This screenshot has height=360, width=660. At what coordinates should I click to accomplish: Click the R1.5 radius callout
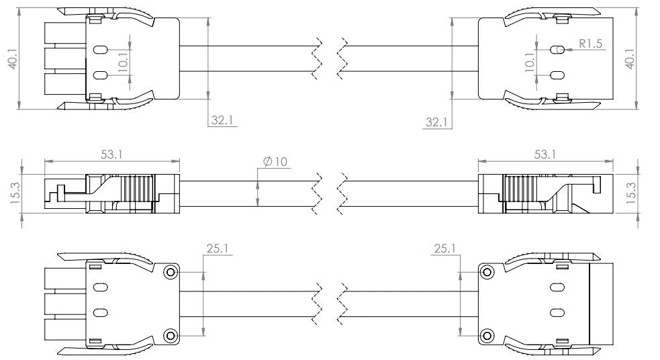592,43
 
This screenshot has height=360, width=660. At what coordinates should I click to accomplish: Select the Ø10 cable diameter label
275,162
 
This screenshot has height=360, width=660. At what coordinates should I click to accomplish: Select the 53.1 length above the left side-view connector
111,154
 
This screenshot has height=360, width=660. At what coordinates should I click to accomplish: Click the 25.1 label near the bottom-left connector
217,249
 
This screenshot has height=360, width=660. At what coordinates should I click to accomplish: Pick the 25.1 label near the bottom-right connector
444,249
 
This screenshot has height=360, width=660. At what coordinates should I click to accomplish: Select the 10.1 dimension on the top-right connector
531,62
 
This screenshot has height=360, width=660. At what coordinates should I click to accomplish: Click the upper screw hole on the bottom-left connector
171,271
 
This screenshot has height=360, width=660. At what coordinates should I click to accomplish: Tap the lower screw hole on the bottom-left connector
171,334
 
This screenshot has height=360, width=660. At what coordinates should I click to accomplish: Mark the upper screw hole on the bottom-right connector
487,271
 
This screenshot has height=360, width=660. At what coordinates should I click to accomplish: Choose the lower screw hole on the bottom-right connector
487,334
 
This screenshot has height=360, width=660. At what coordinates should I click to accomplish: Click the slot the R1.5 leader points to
557,50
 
